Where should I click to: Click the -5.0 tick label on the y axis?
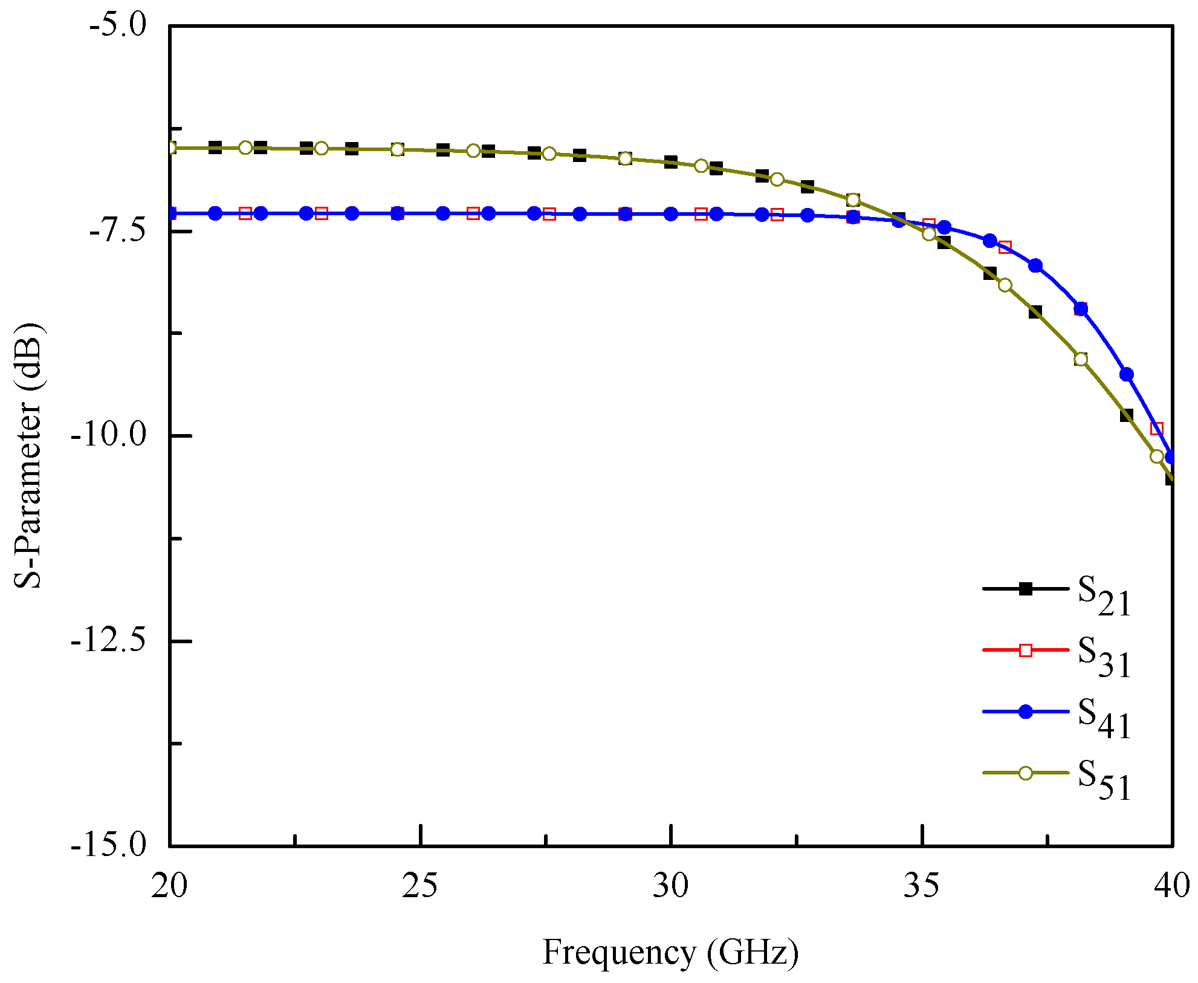click(117, 27)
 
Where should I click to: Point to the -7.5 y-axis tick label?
click(117, 232)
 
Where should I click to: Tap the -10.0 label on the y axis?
click(109, 436)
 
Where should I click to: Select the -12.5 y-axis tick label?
click(109, 641)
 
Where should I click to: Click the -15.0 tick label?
click(109, 845)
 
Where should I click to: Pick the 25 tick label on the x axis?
click(420, 886)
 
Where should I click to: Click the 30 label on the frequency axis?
click(671, 886)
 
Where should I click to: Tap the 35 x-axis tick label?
click(922, 886)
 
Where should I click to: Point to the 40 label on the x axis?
click(1171, 886)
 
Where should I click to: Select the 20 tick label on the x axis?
click(170, 886)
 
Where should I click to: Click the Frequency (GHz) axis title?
click(670, 952)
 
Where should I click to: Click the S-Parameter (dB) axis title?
click(28, 456)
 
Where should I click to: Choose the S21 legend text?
click(1104, 595)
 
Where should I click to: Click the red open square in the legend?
click(1026, 650)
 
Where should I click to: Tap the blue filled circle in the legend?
click(1026, 712)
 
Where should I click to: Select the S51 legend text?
click(1104, 780)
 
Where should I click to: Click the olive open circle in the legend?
click(1026, 773)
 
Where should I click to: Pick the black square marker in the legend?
click(1026, 589)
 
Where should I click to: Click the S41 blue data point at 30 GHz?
click(671, 214)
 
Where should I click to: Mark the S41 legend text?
click(1104, 718)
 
